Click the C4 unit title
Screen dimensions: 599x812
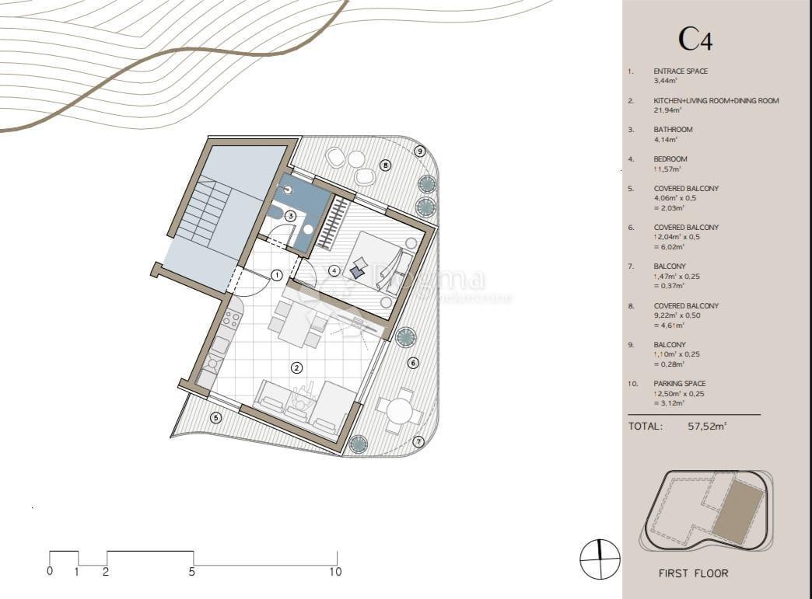695,39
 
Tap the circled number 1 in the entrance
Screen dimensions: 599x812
276,275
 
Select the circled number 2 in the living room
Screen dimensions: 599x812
296,367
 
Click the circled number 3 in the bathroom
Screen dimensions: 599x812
290,216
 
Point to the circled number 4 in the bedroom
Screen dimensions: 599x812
334,270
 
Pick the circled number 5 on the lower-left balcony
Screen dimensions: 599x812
216,417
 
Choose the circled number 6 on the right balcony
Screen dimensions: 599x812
413,363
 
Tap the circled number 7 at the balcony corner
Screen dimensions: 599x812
418,442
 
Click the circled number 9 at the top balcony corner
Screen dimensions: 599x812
420,151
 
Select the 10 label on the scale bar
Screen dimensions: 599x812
335,572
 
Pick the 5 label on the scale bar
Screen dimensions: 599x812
192,572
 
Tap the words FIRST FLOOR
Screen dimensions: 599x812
693,573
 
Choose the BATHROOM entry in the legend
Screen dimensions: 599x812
673,130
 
